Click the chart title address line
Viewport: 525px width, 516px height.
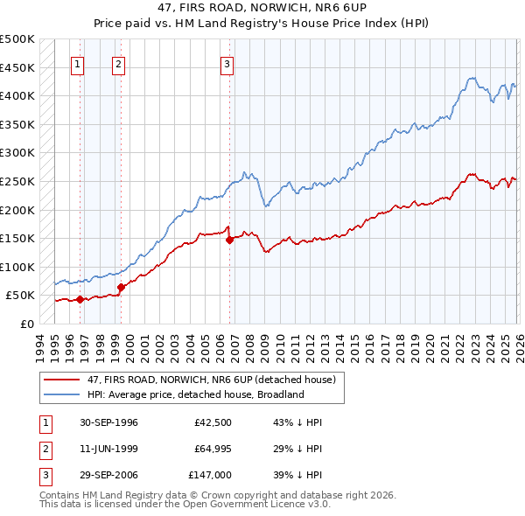(262, 7)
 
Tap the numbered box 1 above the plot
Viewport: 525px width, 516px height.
(78, 63)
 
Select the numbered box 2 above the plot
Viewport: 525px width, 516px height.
(118, 63)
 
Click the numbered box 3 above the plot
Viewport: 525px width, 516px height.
(227, 63)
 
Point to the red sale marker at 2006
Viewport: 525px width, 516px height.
(229, 240)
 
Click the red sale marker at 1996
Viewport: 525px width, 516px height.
(80, 299)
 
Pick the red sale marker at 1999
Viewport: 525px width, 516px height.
(121, 286)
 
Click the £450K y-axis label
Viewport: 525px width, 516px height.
(17, 67)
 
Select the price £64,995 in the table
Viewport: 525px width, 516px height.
(210, 449)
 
